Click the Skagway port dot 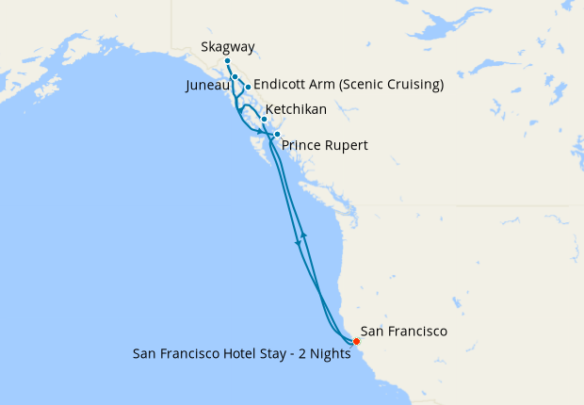tap(228, 62)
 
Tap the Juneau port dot tap(235, 77)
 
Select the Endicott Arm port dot tap(248, 88)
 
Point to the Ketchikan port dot tap(264, 119)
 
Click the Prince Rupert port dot tap(277, 135)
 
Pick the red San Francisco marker tap(356, 341)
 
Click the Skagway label tap(228, 47)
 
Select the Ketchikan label tap(297, 110)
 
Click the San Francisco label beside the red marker tap(404, 332)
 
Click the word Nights tap(331, 355)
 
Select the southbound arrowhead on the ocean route tap(299, 243)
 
